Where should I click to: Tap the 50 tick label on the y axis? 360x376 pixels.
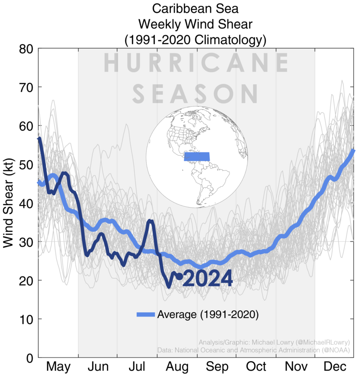[x=27, y=165]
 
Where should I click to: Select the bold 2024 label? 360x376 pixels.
[x=208, y=279]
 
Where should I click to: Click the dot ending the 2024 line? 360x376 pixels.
[x=180, y=276]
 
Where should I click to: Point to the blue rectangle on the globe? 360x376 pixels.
[x=197, y=156]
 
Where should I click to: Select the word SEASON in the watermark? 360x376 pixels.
[x=197, y=93]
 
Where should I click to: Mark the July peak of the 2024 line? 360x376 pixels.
[x=150, y=221]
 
